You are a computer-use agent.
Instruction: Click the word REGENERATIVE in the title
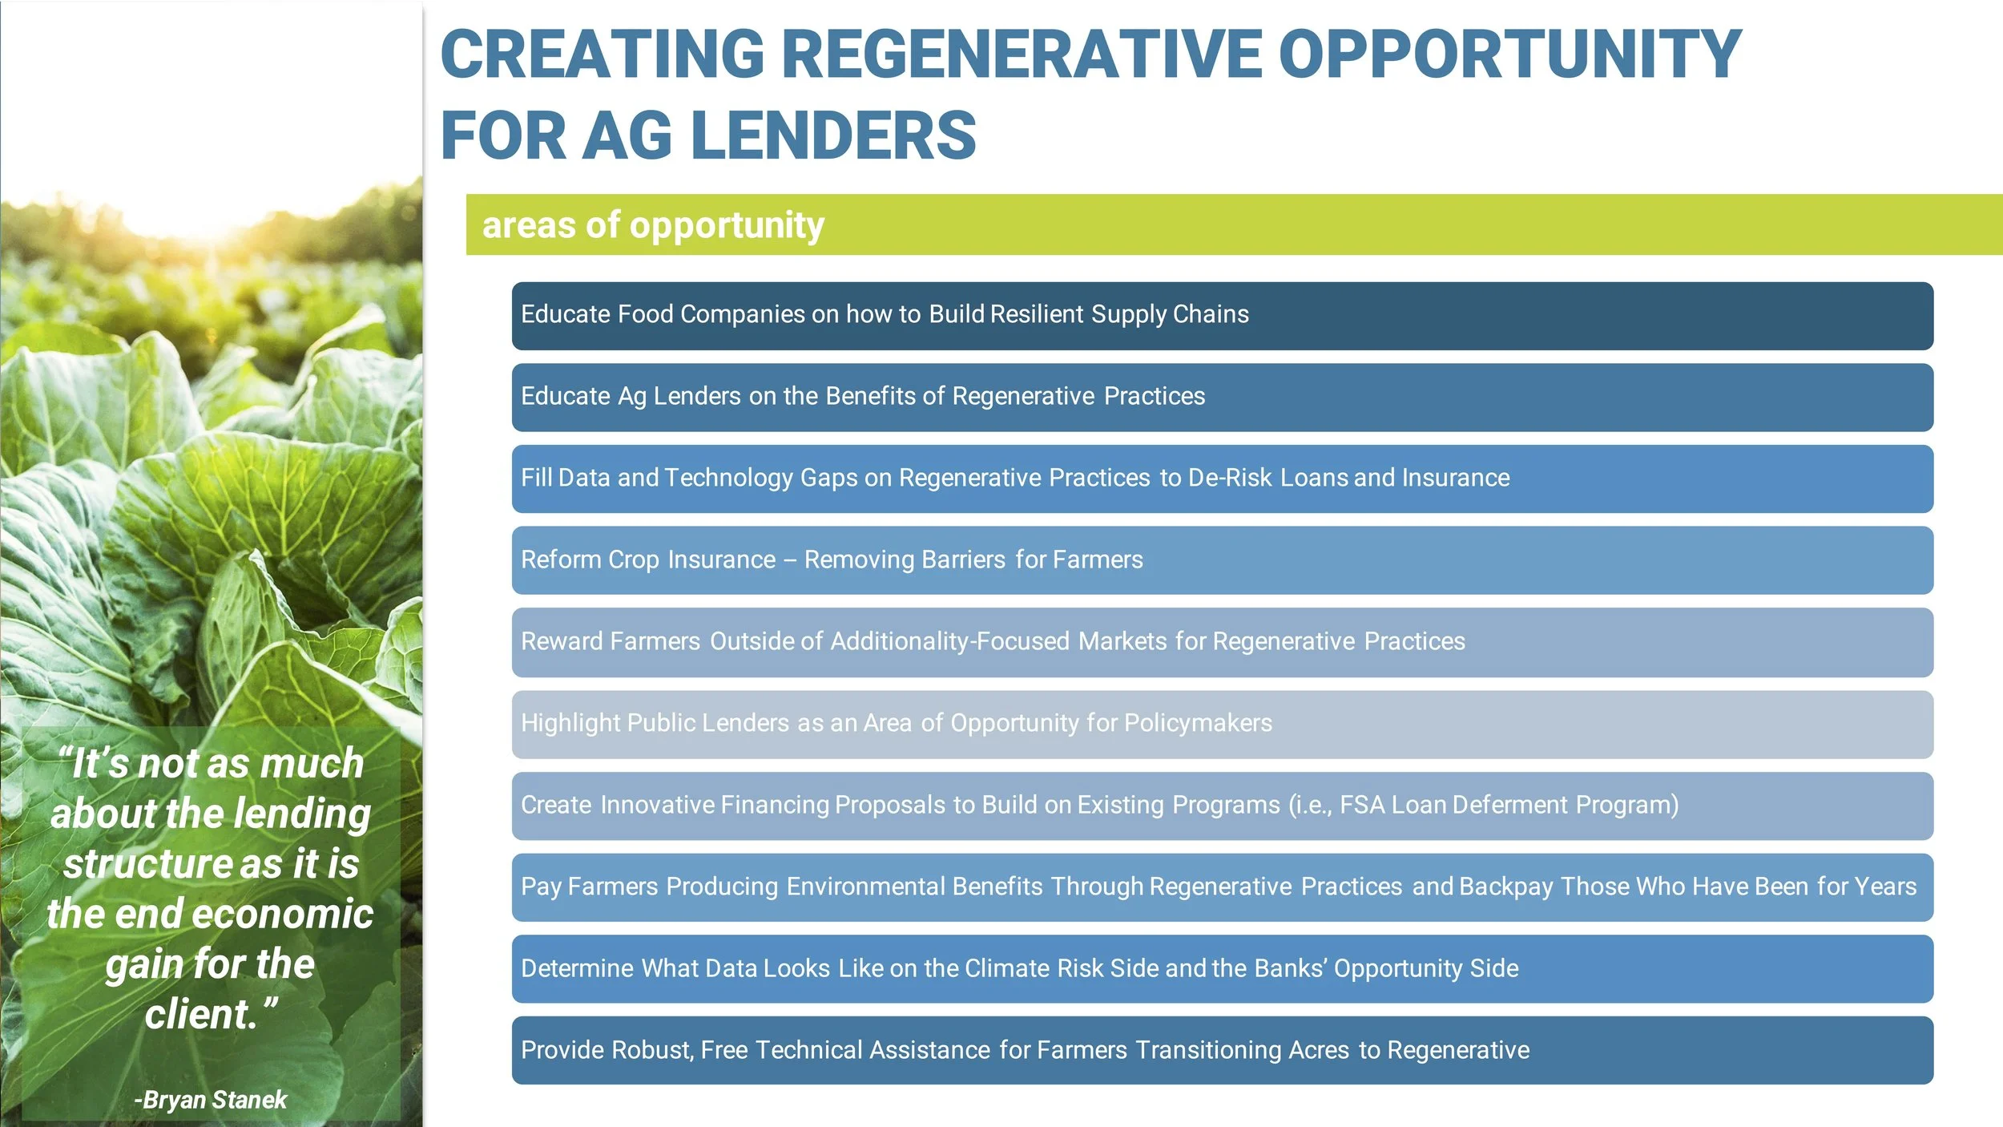(x=1021, y=55)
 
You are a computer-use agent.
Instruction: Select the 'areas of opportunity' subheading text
(x=653, y=225)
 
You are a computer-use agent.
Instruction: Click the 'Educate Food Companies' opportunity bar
(x=1222, y=316)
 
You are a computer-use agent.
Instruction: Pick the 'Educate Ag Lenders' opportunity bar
(x=1222, y=398)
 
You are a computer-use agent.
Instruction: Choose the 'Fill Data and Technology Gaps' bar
(x=1222, y=479)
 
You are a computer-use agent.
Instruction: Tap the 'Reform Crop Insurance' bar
(x=1222, y=560)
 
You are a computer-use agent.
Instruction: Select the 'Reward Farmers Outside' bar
(x=1222, y=642)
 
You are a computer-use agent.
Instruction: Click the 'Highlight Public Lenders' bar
(x=1222, y=724)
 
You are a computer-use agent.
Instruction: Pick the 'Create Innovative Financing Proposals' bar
(x=1222, y=806)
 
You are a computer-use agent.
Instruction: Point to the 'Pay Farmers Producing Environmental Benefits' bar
(x=1222, y=887)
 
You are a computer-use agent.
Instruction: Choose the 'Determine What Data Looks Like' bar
(x=1222, y=969)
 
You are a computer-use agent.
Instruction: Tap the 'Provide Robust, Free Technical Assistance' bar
(x=1222, y=1051)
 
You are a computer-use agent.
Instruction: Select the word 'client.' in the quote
(x=205, y=1015)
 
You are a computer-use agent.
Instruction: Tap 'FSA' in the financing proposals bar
(x=1362, y=805)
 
